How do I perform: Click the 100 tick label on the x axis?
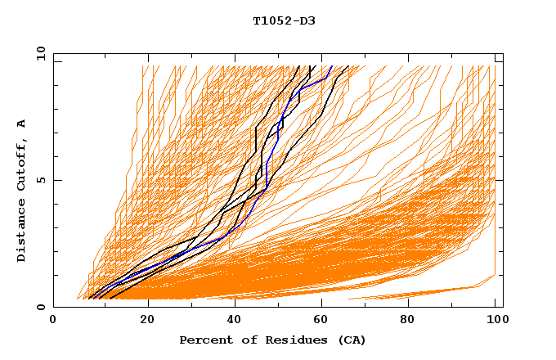tap(495, 320)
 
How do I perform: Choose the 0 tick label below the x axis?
tap(54, 320)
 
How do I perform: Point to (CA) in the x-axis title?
tap(352, 340)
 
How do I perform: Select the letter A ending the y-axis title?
tap(22, 123)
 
